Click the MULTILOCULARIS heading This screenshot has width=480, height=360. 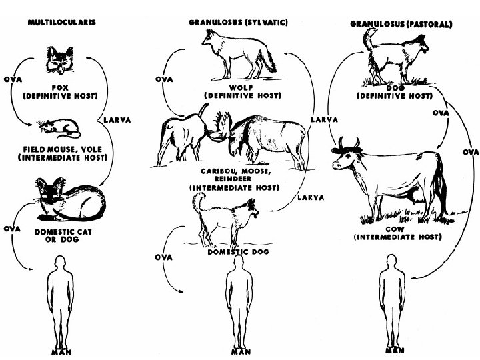[x=61, y=22]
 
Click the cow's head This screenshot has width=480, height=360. [x=348, y=157]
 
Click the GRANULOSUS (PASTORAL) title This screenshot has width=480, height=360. [x=401, y=24]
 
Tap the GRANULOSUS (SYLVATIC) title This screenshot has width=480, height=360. [x=238, y=22]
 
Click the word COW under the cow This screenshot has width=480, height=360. [x=395, y=229]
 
